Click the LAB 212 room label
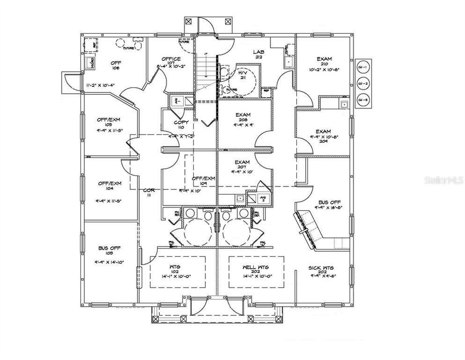[258, 54]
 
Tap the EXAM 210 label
[324, 62]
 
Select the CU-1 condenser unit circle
[363, 68]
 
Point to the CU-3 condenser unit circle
[363, 99]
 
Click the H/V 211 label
[242, 75]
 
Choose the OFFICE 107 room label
[171, 61]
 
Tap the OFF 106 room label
[116, 65]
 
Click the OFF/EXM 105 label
[109, 122]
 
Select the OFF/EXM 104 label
[109, 186]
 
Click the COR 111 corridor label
[149, 193]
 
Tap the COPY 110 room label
[181, 125]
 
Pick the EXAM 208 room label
[243, 117]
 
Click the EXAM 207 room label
[243, 165]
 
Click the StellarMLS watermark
[443, 180]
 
